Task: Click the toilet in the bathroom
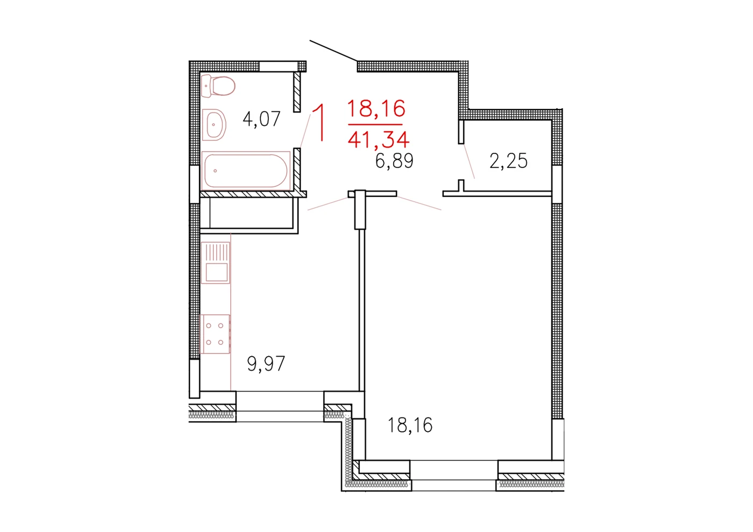coord(218,86)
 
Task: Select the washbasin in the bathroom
coord(214,125)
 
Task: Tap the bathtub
coord(246,171)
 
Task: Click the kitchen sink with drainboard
coord(216,263)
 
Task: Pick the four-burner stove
coord(215,334)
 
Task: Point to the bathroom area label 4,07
coord(261,119)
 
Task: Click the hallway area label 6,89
coord(394,161)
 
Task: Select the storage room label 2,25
coord(508,161)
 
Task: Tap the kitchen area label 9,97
coord(266,364)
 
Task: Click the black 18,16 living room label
coord(410,425)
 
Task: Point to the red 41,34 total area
coord(379,140)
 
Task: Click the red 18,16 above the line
coord(376,108)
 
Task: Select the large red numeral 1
coord(318,123)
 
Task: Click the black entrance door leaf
coord(333,51)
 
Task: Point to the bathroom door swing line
coord(306,131)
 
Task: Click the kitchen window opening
coord(280,406)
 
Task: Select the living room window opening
coord(454,476)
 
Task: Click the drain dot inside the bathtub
coord(215,171)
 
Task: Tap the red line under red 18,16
coord(375,124)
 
